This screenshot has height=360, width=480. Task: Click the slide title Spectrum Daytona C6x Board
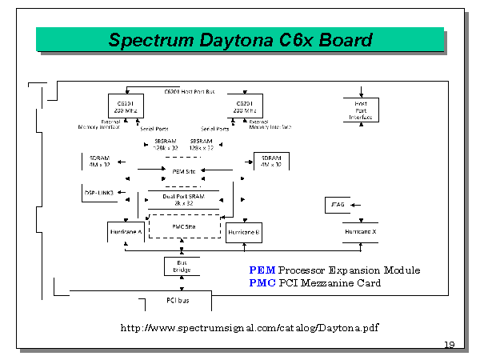(240, 39)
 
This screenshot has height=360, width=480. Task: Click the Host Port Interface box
(360, 109)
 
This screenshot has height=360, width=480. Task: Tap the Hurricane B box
(245, 232)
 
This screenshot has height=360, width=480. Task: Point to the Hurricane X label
(361, 231)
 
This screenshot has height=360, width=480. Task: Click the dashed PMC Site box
(185, 226)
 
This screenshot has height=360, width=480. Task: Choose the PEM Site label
(185, 170)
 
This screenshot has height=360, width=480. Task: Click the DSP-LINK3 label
(99, 193)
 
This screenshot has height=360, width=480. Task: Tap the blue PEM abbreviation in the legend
(262, 270)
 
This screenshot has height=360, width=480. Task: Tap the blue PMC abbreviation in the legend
(262, 282)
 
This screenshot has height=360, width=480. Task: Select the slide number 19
(449, 345)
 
